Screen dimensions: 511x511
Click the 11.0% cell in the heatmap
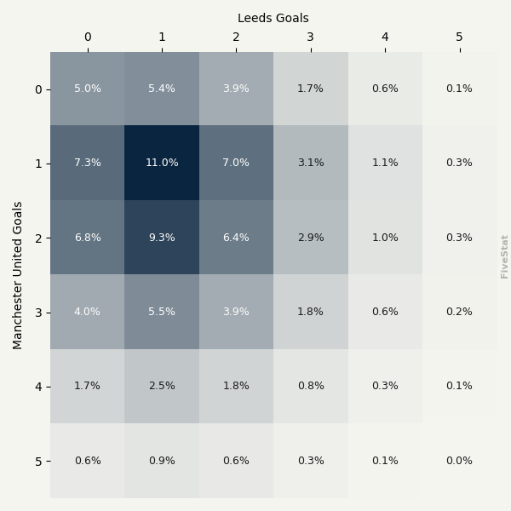point(162,163)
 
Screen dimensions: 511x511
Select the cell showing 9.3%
point(162,238)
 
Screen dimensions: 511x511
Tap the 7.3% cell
point(87,163)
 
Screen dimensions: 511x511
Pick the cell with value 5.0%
point(87,89)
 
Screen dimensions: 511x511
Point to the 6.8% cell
point(87,238)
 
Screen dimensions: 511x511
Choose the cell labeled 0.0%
point(459,461)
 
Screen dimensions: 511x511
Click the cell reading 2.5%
point(162,386)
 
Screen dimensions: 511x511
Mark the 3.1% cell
point(311,163)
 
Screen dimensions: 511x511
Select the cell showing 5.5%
point(162,312)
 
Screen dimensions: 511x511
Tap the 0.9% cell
point(162,461)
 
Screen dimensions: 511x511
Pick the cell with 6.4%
point(236,238)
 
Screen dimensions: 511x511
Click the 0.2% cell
point(459,312)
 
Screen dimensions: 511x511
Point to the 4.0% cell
point(87,312)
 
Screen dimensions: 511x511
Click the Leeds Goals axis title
point(273,18)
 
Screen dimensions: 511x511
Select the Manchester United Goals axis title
point(18,275)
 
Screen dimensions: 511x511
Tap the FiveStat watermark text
point(505,256)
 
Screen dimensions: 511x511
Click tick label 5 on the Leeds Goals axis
point(459,37)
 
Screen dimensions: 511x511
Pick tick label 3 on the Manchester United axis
point(37,313)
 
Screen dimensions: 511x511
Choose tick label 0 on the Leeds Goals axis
point(87,37)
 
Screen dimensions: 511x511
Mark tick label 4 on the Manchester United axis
point(37,387)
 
